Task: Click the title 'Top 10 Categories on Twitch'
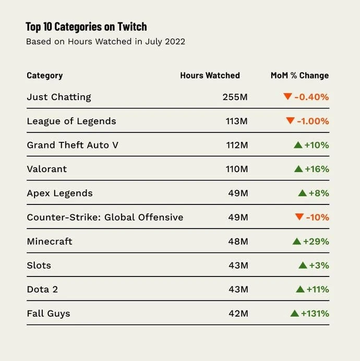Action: [x=86, y=27]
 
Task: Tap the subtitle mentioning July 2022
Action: [x=105, y=42]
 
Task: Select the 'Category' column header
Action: [x=44, y=76]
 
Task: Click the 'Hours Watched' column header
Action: [x=210, y=76]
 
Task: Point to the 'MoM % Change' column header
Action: [x=299, y=76]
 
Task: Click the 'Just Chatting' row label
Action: [x=59, y=97]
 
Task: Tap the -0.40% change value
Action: [x=311, y=97]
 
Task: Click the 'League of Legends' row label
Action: [x=71, y=121]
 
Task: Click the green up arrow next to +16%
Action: [x=298, y=169]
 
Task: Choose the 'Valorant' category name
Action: [x=47, y=169]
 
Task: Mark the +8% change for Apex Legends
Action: [x=318, y=193]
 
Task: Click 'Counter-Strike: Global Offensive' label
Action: [x=105, y=217]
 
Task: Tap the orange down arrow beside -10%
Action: [x=299, y=217]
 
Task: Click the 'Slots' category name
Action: [x=39, y=266]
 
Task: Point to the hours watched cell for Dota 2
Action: [x=238, y=290]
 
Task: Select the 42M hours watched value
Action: [x=238, y=314]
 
